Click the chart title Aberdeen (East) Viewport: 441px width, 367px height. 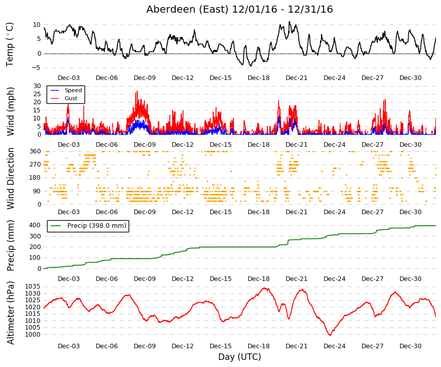tap(187, 10)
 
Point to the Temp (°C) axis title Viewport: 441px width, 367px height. tap(10, 45)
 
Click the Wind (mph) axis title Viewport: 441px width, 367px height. tap(10, 111)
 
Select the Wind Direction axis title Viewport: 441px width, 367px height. tap(11, 178)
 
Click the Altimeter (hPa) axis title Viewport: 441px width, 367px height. tap(11, 313)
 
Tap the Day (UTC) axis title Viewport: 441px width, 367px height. tap(239, 357)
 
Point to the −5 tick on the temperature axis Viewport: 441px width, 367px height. tap(36, 68)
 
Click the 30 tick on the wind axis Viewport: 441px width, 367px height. tap(37, 86)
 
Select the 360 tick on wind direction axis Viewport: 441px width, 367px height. tap(35, 151)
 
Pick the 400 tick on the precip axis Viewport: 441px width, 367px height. tap(35, 225)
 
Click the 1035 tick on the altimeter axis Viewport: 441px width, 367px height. tap(32, 287)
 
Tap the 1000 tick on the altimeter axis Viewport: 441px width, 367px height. tap(32, 335)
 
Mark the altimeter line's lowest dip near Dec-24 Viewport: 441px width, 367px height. tap(330, 335)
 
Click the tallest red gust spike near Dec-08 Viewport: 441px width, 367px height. tap(137, 91)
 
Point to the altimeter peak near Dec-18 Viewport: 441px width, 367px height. tap(265, 288)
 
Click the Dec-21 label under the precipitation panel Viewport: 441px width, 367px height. tap(296, 279)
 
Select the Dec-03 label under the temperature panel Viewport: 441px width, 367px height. tap(69, 78)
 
